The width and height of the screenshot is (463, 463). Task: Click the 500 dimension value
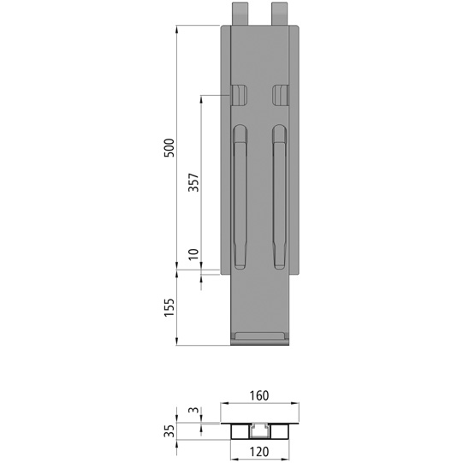coord(169,147)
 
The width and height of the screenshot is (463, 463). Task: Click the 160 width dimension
coord(260,395)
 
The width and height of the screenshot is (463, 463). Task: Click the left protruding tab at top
coord(240,13)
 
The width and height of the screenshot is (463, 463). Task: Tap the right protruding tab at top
coord(280,13)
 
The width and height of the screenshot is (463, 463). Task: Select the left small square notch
coord(240,93)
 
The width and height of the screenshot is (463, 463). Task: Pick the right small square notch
coord(281,93)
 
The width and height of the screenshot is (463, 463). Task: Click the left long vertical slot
coord(240,196)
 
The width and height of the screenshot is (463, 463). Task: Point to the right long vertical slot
coord(280,196)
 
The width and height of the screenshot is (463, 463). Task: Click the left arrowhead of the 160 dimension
coord(224,405)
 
